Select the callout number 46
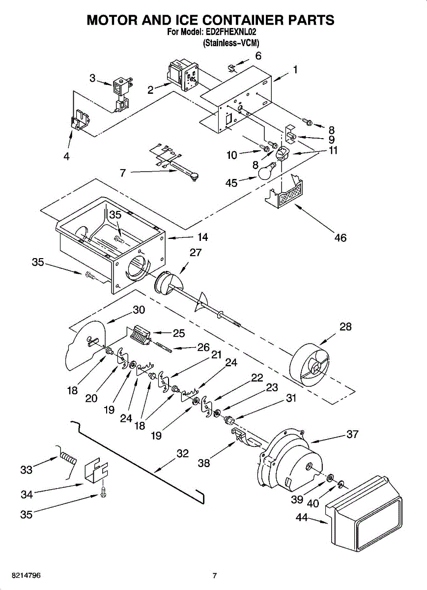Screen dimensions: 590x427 click(340, 238)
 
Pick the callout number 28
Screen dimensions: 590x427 click(345, 326)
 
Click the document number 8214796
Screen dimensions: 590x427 click(21, 575)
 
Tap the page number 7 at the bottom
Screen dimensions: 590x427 click(214, 576)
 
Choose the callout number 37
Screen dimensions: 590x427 click(352, 434)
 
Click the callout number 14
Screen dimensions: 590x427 click(202, 237)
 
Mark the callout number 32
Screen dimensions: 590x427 click(182, 454)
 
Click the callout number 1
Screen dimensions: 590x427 click(295, 70)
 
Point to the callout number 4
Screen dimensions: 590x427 click(66, 157)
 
